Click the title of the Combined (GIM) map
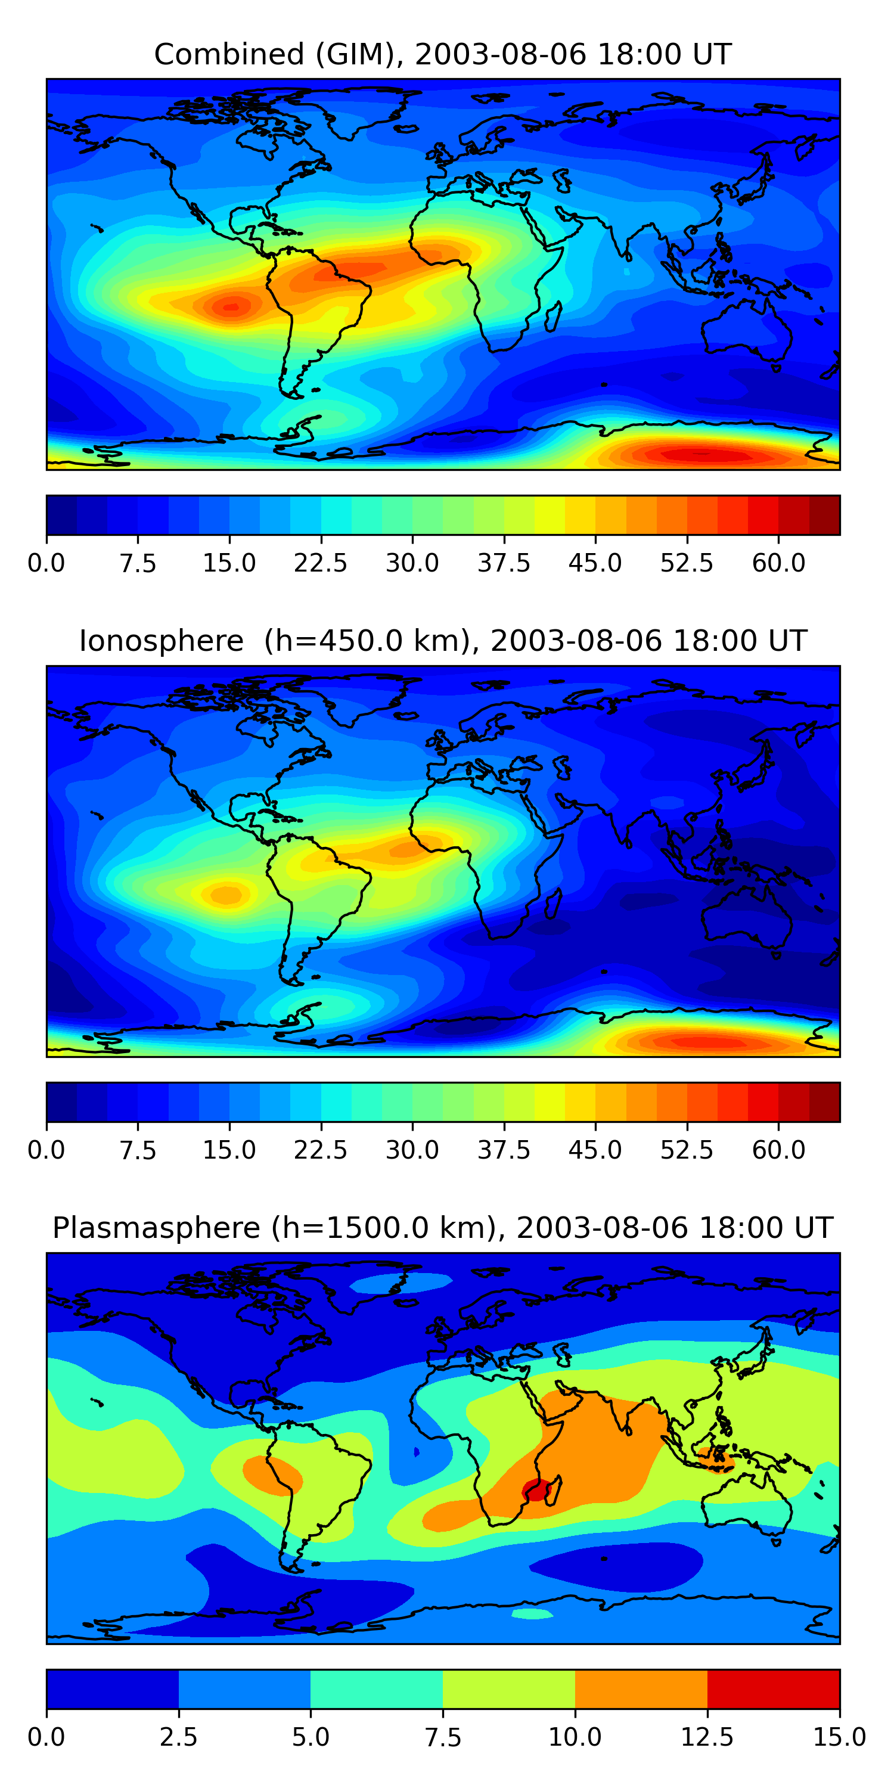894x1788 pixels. (x=443, y=54)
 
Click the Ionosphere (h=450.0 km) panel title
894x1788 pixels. (x=443, y=641)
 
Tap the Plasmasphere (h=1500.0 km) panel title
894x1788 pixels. (x=443, y=1227)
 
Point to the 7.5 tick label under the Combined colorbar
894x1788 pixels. (x=138, y=563)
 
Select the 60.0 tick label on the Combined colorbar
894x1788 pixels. (x=778, y=563)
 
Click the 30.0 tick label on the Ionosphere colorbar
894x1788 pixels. (x=412, y=1150)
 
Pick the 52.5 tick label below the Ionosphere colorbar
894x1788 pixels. (x=687, y=1150)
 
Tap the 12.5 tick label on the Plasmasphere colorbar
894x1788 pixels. (x=707, y=1737)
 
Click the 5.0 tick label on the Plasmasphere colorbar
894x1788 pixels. (x=311, y=1737)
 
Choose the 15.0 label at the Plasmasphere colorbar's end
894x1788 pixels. (x=839, y=1737)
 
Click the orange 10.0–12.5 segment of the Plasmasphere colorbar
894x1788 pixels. (x=641, y=1688)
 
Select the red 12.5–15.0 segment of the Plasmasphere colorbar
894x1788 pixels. (x=773, y=1688)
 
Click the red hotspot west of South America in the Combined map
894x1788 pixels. (x=232, y=305)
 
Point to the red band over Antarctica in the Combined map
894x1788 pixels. (x=701, y=455)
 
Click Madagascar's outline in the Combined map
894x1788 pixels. (x=553, y=316)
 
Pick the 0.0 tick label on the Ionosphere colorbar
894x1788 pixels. (x=46, y=1150)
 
